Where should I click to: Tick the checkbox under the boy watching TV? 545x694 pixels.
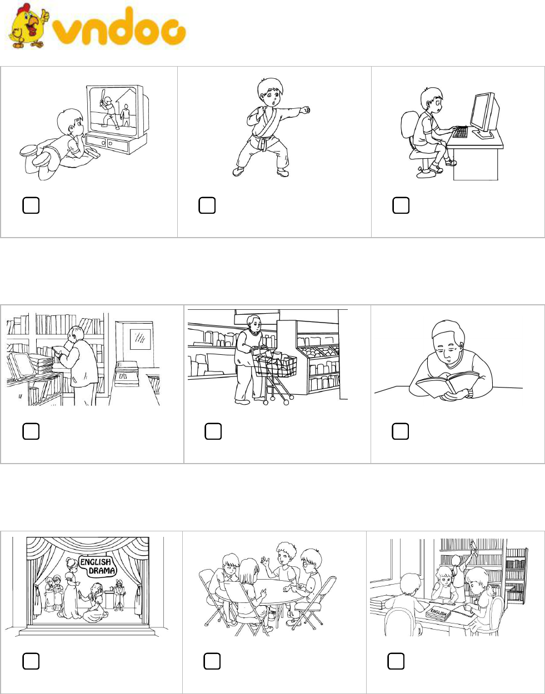coord(31,205)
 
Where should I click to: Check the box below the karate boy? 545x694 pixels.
coord(207,205)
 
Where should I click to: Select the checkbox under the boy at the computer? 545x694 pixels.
coord(401,205)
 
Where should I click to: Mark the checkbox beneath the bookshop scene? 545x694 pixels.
coord(31,431)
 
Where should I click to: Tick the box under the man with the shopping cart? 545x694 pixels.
coord(213,431)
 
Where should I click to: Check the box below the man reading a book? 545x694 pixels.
coord(401,431)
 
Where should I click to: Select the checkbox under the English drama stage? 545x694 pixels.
coord(31,661)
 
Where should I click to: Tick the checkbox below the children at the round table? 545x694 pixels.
coord(212,661)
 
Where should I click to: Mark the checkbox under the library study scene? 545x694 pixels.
coord(396,661)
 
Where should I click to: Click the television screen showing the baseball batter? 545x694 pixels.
coord(113,111)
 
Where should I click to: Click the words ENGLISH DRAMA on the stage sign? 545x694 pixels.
coord(98,575)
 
